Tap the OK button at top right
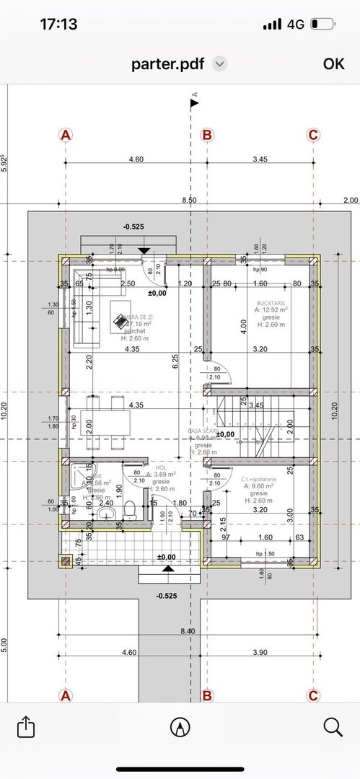coord(333,63)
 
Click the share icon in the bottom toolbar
coord(26,726)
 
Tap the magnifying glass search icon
coord(333,726)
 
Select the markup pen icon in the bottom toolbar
coord(179,727)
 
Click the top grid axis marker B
coord(207,135)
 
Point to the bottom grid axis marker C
coord(313,695)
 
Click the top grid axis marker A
coord(66,135)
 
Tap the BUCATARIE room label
coord(271,304)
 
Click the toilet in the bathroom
coord(131,510)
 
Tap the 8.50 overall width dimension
coord(189,200)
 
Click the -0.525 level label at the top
coord(135,226)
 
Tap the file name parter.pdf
coord(168,63)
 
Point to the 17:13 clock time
coord(58,24)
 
